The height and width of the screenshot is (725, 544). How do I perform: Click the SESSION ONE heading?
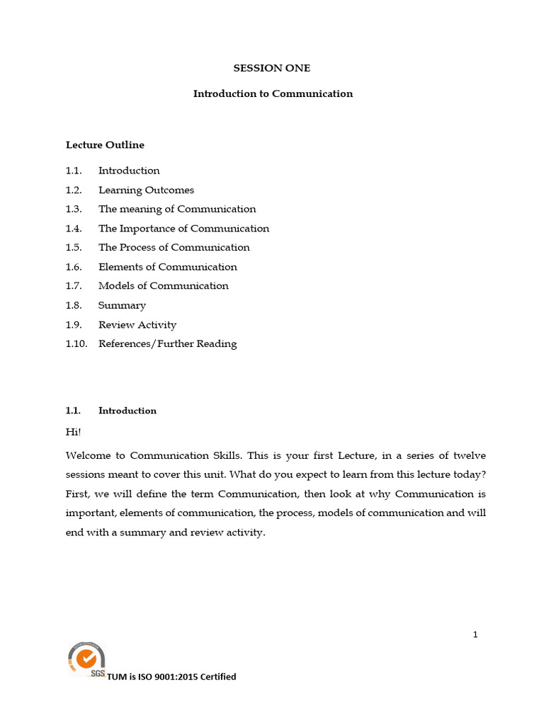pyautogui.click(x=272, y=69)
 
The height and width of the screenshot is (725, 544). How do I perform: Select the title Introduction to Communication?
pyautogui.click(x=273, y=93)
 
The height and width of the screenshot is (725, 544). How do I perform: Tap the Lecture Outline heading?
pyautogui.click(x=105, y=145)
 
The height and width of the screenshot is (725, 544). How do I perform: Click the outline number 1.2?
pyautogui.click(x=74, y=190)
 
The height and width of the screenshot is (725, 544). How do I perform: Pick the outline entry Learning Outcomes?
pyautogui.click(x=146, y=190)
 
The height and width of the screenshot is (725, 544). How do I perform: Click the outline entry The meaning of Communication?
pyautogui.click(x=177, y=209)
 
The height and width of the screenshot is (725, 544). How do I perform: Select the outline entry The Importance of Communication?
pyautogui.click(x=183, y=229)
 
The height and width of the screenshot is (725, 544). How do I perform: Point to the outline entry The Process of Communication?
pyautogui.click(x=174, y=248)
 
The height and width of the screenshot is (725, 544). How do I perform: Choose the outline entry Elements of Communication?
pyautogui.click(x=167, y=267)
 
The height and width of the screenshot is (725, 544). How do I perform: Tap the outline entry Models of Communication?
pyautogui.click(x=163, y=286)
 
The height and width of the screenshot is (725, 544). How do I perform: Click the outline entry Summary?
pyautogui.click(x=122, y=306)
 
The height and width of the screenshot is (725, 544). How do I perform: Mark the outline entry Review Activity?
pyautogui.click(x=137, y=325)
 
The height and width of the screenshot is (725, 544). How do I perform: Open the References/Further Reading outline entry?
pyautogui.click(x=167, y=344)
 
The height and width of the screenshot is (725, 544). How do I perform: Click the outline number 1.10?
pyautogui.click(x=75, y=344)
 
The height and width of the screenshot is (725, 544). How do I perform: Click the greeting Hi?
pyautogui.click(x=73, y=430)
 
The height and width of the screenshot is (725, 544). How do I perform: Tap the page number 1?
pyautogui.click(x=475, y=634)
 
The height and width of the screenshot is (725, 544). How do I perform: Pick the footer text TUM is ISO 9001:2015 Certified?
pyautogui.click(x=171, y=677)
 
